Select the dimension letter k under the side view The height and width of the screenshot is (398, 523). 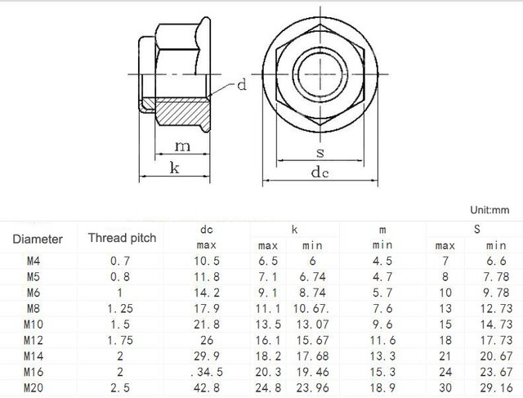174,168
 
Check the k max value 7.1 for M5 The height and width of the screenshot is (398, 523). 268,276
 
